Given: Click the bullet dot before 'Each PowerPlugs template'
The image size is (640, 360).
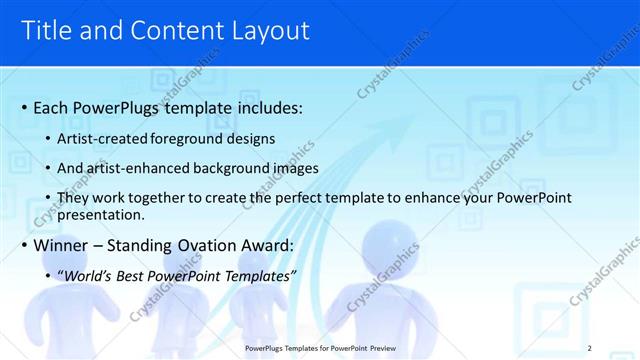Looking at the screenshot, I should click(x=23, y=107).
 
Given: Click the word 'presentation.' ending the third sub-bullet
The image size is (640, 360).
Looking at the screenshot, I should click(x=102, y=214).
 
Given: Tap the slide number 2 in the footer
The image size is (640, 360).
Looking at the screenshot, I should click(x=590, y=347).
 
